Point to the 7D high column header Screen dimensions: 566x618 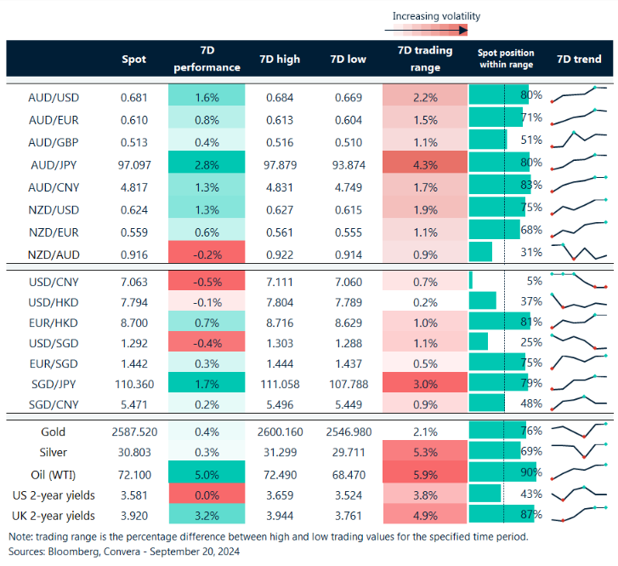pos(280,60)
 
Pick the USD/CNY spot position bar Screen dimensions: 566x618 pos(471,279)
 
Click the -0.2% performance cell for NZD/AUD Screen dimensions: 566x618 pos(209,254)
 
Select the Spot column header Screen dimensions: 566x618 pos(134,60)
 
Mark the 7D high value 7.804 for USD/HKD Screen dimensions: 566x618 pos(280,300)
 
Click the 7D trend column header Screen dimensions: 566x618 pos(579,60)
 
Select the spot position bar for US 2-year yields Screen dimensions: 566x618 pos(485,493)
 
